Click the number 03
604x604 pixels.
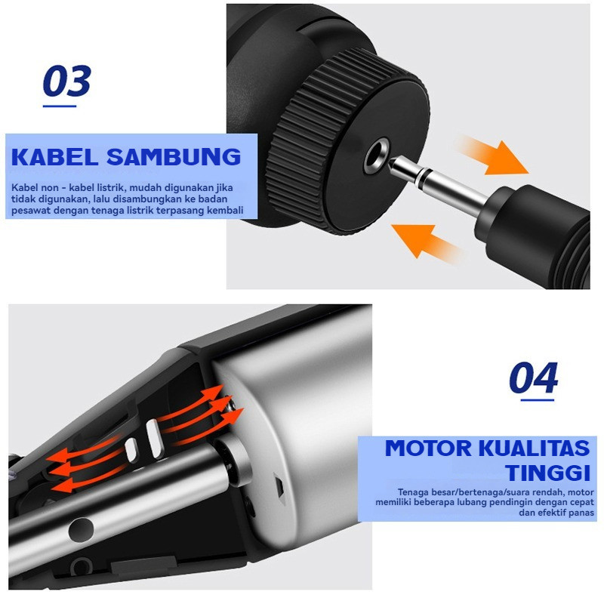(66, 81)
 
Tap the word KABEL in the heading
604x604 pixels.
(54, 157)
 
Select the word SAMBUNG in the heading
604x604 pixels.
(174, 157)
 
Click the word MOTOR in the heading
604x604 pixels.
(428, 448)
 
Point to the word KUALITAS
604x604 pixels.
(535, 448)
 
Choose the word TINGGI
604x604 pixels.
(547, 473)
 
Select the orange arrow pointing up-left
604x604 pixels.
(427, 242)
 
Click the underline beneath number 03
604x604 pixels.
(60, 106)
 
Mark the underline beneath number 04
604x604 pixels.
(537, 400)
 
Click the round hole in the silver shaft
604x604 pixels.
(81, 530)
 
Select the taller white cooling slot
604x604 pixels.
(156, 439)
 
